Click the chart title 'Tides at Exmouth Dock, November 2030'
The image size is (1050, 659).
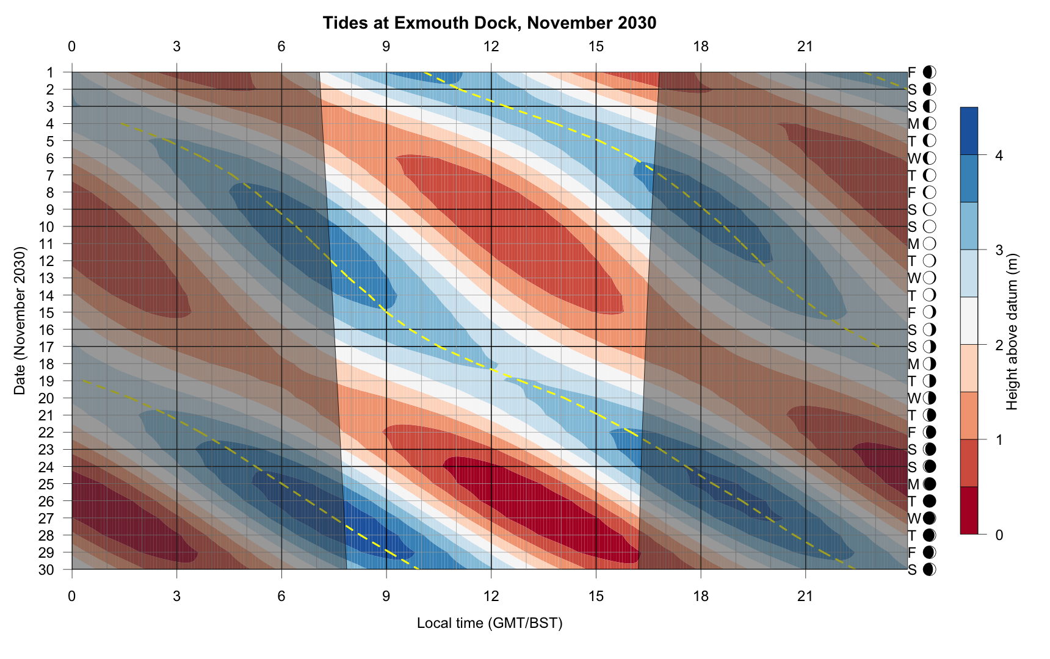pyautogui.click(x=489, y=23)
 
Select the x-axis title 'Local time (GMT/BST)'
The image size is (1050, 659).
pyautogui.click(x=489, y=623)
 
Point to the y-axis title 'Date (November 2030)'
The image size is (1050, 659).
pyautogui.click(x=20, y=321)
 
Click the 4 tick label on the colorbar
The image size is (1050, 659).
pyautogui.click(x=999, y=156)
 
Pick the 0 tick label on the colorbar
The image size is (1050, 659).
pyautogui.click(x=999, y=535)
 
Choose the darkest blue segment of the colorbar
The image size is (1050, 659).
pyautogui.click(x=969, y=131)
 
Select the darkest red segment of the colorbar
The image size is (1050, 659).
pyautogui.click(x=969, y=511)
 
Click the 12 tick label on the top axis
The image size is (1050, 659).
pyautogui.click(x=491, y=46)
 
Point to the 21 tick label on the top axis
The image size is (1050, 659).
pyautogui.click(x=805, y=46)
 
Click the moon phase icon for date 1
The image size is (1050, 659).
pyautogui.click(x=929, y=73)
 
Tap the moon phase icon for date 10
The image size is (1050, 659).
pyautogui.click(x=929, y=227)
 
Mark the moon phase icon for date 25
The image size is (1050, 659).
pyautogui.click(x=929, y=484)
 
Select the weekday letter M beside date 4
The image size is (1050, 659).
pyautogui.click(x=913, y=124)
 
